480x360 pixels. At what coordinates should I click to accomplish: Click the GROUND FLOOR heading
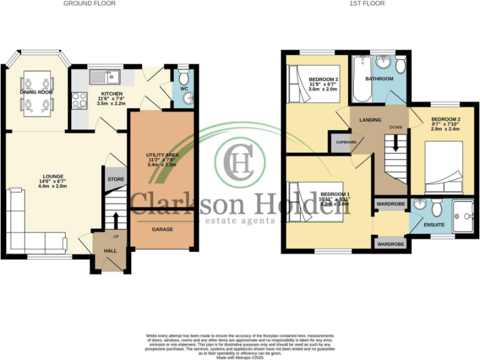[x=89, y=4]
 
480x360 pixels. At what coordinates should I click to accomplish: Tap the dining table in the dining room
[x=37, y=94]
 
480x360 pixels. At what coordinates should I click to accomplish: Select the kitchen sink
[x=105, y=77]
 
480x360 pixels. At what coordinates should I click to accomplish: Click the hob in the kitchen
[x=81, y=99]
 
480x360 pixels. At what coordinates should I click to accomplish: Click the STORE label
[x=116, y=179]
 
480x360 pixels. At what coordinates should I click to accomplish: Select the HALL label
[x=110, y=252]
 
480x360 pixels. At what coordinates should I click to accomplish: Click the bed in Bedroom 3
[x=312, y=83]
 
